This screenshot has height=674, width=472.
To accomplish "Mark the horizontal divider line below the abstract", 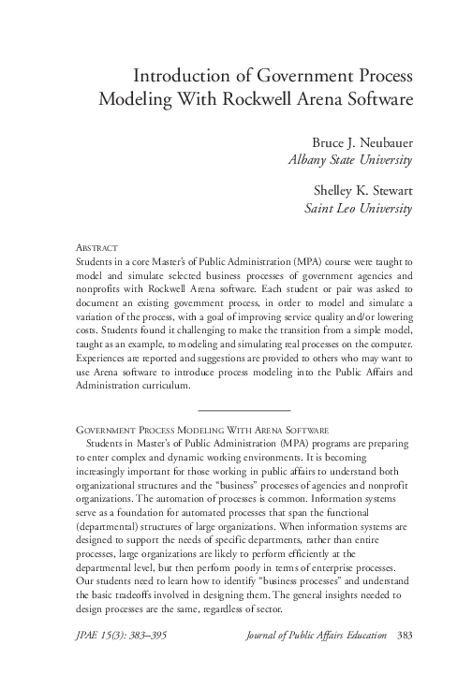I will point(245,410).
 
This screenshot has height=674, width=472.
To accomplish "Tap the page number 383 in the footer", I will point(404,636).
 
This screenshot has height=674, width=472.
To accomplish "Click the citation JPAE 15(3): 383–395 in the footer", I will point(115,636).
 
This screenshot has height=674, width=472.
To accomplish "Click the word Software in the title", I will point(376,100).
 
